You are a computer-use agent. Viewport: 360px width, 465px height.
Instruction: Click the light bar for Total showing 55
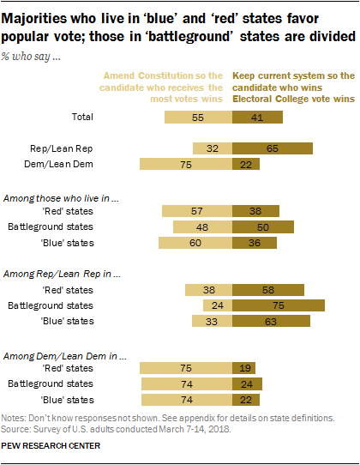198,117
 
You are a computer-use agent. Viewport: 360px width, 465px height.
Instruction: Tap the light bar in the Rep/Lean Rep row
213,148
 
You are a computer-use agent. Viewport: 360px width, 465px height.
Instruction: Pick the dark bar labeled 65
272,148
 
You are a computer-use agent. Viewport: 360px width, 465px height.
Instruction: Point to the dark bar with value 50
262,227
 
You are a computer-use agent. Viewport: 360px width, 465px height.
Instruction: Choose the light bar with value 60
195,244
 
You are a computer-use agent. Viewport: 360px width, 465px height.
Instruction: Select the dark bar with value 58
267,290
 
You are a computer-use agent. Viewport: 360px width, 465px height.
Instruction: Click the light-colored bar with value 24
217,305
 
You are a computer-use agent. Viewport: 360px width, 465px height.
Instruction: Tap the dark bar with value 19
243,368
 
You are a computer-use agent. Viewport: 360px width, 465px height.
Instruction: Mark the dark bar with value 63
270,322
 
